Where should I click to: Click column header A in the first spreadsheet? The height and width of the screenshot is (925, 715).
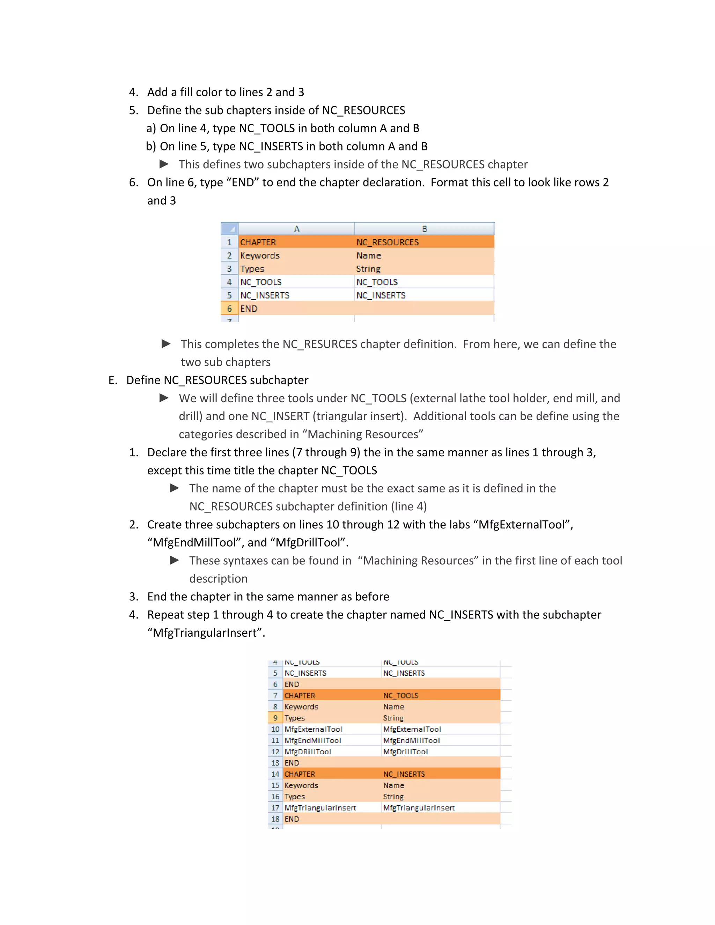(296, 229)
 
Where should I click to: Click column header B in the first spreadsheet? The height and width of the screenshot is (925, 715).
(424, 229)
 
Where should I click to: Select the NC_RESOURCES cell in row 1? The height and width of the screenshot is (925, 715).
(387, 242)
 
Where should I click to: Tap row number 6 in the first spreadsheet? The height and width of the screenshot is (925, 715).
(229, 309)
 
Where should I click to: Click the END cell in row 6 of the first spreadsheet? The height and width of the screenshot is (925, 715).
(249, 309)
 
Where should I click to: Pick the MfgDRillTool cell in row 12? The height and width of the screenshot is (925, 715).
(308, 752)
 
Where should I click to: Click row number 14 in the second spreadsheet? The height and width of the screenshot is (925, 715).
(275, 774)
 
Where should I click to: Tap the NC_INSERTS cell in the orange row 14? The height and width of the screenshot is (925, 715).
(404, 774)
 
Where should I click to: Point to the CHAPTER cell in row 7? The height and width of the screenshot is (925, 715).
(300, 695)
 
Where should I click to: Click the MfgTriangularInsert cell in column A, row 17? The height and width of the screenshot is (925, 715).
(320, 808)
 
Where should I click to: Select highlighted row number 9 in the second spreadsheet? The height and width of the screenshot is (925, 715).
(275, 718)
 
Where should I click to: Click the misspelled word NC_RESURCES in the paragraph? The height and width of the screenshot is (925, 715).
(320, 344)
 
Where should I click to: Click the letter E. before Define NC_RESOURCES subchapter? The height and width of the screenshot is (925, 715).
(113, 380)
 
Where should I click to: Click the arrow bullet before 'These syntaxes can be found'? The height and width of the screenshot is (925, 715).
(174, 560)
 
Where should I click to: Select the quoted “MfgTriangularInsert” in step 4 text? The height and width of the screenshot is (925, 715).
(206, 633)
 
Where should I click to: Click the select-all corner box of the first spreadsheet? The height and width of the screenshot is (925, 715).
(230, 229)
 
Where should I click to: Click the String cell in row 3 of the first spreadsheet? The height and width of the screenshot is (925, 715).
(368, 269)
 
